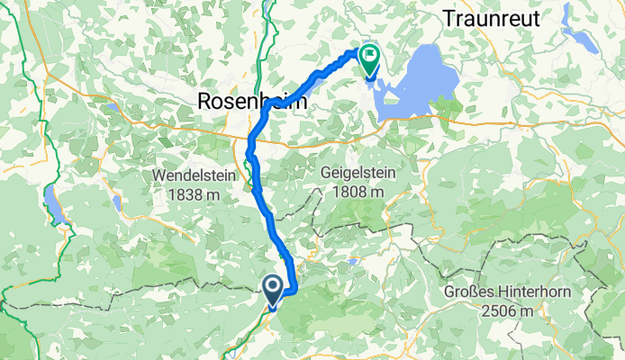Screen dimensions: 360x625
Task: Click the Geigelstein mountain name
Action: (x=358, y=172)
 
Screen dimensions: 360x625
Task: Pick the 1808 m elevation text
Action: (x=358, y=192)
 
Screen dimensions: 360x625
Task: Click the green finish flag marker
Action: (x=370, y=59)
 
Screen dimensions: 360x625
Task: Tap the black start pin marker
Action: (x=273, y=287)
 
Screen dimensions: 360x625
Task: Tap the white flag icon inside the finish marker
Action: (x=370, y=56)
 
